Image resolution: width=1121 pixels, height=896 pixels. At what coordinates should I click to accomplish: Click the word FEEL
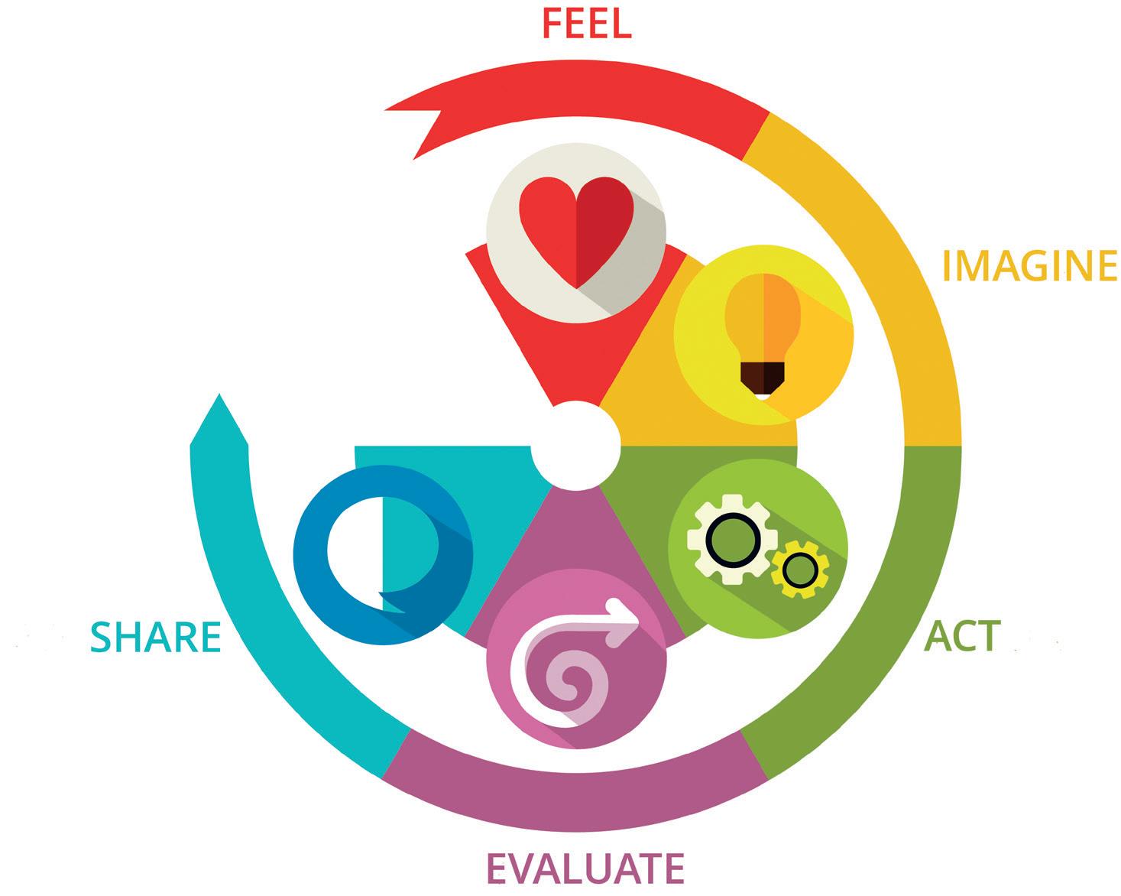(x=586, y=22)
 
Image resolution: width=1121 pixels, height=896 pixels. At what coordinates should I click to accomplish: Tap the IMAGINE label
(x=1029, y=265)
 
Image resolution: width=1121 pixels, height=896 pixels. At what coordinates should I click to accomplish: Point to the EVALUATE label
(x=585, y=868)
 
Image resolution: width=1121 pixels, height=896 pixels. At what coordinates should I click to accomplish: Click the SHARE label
(x=156, y=638)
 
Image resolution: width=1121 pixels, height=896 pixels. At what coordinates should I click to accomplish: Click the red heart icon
(x=576, y=230)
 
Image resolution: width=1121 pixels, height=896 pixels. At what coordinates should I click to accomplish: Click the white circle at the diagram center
(x=575, y=446)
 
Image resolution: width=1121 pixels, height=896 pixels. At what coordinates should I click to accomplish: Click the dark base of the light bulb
(x=763, y=375)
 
